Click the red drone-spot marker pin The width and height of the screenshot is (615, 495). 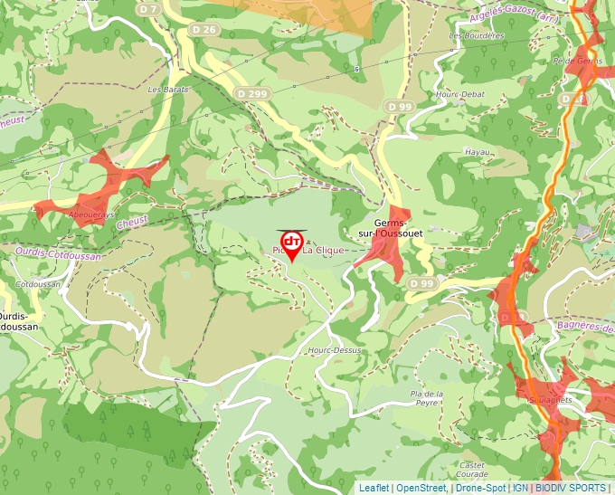(292, 245)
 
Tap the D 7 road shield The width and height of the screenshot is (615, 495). (148, 8)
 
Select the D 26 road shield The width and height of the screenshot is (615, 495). (205, 30)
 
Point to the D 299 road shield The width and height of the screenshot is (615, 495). (253, 93)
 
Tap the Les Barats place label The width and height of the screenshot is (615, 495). (166, 90)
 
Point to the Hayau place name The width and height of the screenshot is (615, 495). (477, 152)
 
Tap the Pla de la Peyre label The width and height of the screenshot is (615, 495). (427, 398)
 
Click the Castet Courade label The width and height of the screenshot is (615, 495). (472, 470)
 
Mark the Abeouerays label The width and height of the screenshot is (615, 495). (92, 215)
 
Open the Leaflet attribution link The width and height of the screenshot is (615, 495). (374, 488)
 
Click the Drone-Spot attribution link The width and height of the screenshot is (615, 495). (481, 488)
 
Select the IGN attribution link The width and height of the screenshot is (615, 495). (520, 488)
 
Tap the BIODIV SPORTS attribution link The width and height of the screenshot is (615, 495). (571, 488)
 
